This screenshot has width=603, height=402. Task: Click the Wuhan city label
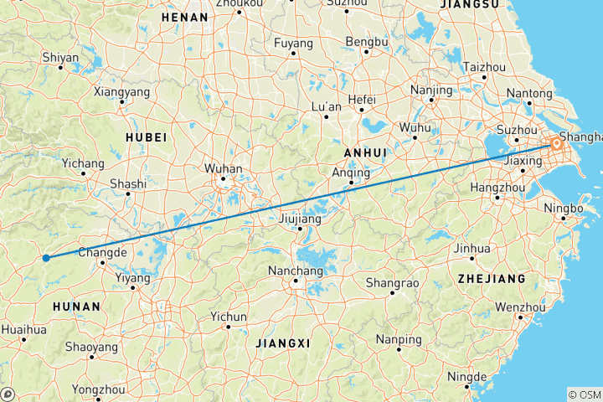(x=224, y=168)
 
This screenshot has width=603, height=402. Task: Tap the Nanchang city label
(x=295, y=271)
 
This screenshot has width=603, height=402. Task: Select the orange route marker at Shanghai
(x=556, y=145)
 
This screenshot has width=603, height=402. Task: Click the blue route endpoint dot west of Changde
(x=46, y=257)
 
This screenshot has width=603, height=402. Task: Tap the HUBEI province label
(x=147, y=137)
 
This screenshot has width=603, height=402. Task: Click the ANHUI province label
(x=364, y=152)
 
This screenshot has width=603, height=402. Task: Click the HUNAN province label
(x=76, y=307)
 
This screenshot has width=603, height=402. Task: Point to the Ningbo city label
(x=561, y=207)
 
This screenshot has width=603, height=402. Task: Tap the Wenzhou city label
(x=521, y=307)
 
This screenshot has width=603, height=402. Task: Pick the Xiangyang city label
(x=122, y=91)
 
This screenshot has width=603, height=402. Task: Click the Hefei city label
(x=361, y=98)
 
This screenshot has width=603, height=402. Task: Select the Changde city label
(x=102, y=252)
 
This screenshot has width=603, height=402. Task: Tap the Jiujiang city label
(x=300, y=219)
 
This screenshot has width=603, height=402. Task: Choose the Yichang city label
(x=83, y=162)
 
